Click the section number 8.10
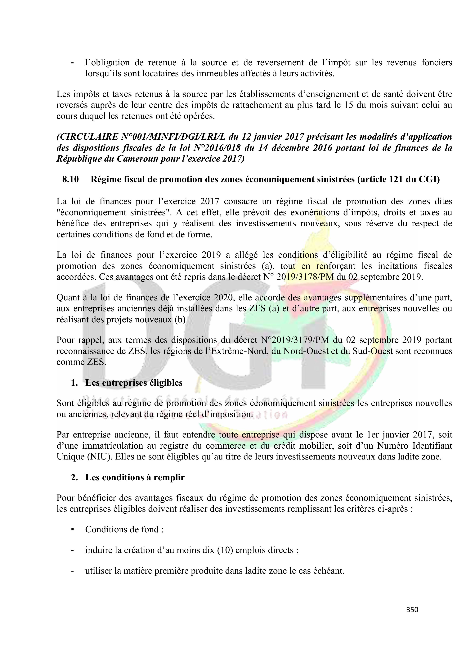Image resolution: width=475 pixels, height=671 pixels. pos(70,179)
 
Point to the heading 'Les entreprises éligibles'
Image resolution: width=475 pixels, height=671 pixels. pos(134,383)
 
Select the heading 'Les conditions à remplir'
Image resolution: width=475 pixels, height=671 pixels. pos(135,477)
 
